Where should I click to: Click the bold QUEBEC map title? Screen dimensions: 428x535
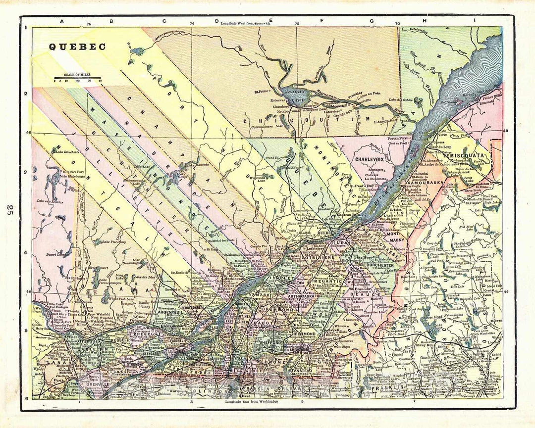(x=77, y=47)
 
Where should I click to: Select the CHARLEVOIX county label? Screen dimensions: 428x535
(x=374, y=160)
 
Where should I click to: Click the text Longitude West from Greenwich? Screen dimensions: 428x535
(x=246, y=23)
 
